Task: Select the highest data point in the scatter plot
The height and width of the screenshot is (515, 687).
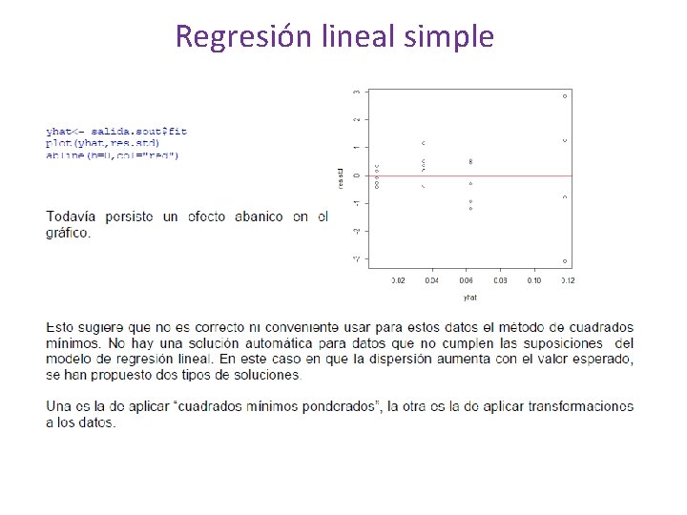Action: pyautogui.click(x=565, y=96)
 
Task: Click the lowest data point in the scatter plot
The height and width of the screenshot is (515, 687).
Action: pyautogui.click(x=565, y=261)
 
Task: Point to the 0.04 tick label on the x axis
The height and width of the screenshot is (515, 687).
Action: pyautogui.click(x=431, y=280)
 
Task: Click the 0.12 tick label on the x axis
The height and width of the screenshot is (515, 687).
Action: pyautogui.click(x=568, y=280)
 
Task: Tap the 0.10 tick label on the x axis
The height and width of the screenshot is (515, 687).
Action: pyautogui.click(x=533, y=280)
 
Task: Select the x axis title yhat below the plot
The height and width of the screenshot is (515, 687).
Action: pyautogui.click(x=469, y=297)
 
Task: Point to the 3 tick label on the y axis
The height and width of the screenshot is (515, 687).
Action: pyautogui.click(x=357, y=92)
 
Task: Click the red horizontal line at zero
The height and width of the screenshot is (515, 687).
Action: pyautogui.click(x=496, y=175)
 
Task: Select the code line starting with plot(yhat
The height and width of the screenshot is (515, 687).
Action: pyautogui.click(x=103, y=142)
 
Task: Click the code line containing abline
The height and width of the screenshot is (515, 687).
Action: pyautogui.click(x=112, y=154)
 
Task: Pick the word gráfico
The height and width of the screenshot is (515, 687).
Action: pyautogui.click(x=68, y=233)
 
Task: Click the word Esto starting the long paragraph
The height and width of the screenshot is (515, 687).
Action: pyautogui.click(x=60, y=327)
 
